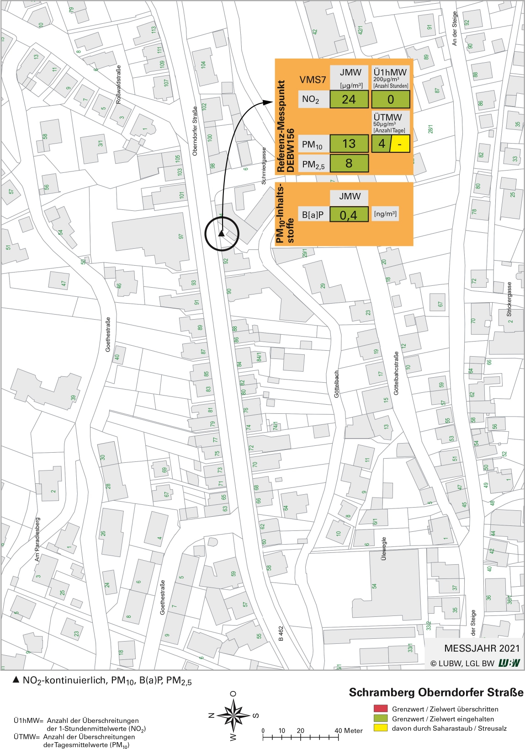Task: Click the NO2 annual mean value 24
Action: (349, 99)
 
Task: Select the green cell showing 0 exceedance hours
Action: (390, 99)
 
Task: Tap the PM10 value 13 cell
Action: (349, 144)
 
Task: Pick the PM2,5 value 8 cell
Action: (349, 163)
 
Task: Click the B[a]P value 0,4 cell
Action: (349, 214)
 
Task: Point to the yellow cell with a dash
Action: (400, 144)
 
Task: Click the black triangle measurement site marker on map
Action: (221, 234)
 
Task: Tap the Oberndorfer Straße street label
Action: (195, 131)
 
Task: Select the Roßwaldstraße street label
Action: (119, 84)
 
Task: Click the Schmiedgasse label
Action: (264, 166)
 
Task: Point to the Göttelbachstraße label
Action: (396, 373)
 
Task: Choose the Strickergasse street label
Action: (509, 299)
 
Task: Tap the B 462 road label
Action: (281, 633)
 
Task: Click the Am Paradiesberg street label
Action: (37, 540)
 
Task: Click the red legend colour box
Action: (381, 709)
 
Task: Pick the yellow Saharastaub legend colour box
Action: (381, 728)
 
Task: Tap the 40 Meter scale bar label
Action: (349, 730)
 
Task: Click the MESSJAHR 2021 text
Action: (482, 648)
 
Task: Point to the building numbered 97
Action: (181, 236)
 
